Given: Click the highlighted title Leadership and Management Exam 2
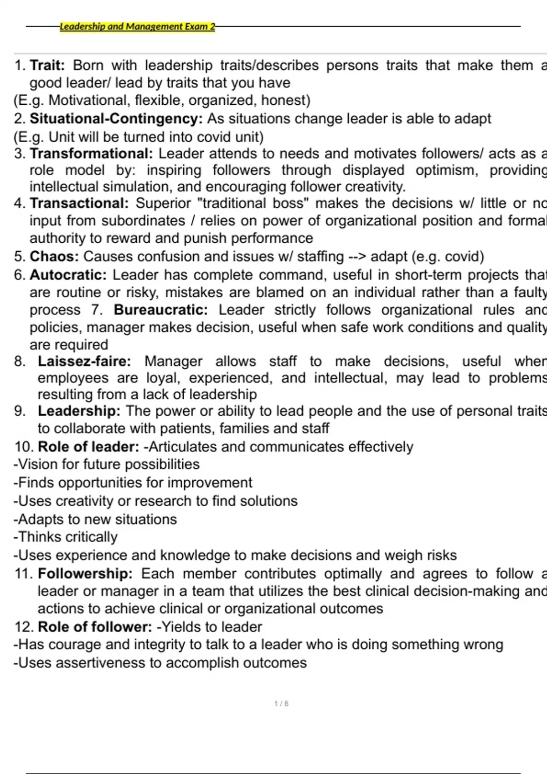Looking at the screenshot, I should [x=137, y=26].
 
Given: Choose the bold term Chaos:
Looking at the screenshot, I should [x=54, y=256].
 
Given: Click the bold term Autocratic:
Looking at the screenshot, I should [x=68, y=275].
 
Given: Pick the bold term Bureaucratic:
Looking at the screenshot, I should [x=160, y=310].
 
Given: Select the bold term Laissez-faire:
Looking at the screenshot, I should [x=84, y=361].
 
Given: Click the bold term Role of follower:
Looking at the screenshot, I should [x=95, y=627].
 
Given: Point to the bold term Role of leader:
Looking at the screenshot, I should [x=88, y=447].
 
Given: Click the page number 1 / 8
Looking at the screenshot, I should [x=281, y=703].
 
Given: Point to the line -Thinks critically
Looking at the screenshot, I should [x=66, y=537].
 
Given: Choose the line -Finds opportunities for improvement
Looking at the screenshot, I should [x=133, y=482].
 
